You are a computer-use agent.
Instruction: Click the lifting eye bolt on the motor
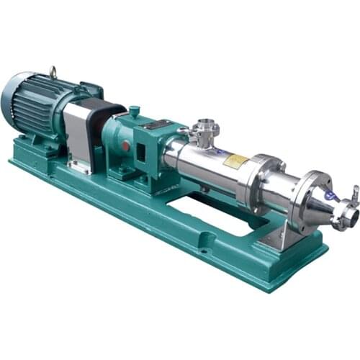click(53, 71)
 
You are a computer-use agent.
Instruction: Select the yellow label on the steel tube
click(235, 161)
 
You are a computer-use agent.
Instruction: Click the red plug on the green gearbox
click(125, 145)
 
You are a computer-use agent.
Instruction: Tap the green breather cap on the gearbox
click(133, 112)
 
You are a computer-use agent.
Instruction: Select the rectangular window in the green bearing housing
click(141, 152)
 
